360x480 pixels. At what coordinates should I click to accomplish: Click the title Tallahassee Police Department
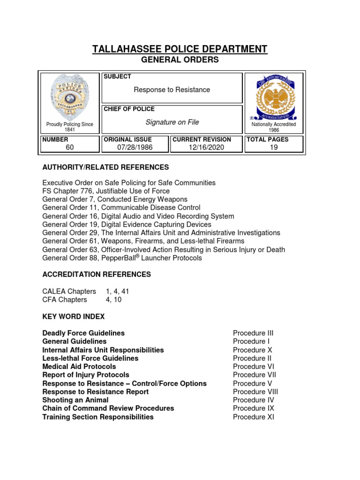pyautogui.click(x=180, y=49)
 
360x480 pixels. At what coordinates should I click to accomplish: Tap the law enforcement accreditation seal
pyautogui.click(x=274, y=97)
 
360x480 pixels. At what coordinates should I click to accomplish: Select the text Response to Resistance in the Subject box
pyautogui.click(x=172, y=90)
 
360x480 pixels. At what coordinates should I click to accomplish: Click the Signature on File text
pyautogui.click(x=172, y=122)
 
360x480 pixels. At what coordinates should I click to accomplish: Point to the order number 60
pyautogui.click(x=70, y=147)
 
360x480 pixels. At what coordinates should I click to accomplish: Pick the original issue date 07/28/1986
pyautogui.click(x=135, y=147)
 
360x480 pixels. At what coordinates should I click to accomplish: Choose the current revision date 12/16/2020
pyautogui.click(x=206, y=147)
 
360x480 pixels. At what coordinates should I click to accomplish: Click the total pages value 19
pyautogui.click(x=274, y=147)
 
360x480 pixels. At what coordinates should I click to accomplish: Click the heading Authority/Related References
pyautogui.click(x=105, y=167)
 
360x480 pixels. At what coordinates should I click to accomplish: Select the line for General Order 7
pyautogui.click(x=114, y=199)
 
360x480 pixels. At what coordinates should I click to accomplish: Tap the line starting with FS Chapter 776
pyautogui.click(x=106, y=191)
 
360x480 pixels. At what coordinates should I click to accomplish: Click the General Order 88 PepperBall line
pyautogui.click(x=122, y=258)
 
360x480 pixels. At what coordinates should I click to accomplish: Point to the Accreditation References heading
pyautogui.click(x=97, y=274)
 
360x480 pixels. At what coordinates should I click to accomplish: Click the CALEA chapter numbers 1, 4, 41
pyautogui.click(x=117, y=291)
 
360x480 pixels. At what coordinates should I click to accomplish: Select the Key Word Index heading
pyautogui.click(x=74, y=316)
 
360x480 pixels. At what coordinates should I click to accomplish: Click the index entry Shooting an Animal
pyautogui.click(x=75, y=400)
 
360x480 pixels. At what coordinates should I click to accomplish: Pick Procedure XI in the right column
pyautogui.click(x=254, y=417)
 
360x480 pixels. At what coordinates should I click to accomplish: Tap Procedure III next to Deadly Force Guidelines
pyautogui.click(x=253, y=333)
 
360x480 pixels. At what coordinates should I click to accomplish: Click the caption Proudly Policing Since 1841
pyautogui.click(x=69, y=127)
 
